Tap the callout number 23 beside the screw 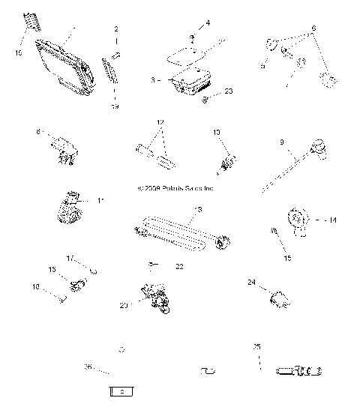[x=229, y=91]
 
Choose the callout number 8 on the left [x=37, y=132]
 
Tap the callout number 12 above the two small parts [x=160, y=121]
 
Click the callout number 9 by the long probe [x=281, y=141]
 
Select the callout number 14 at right [x=332, y=220]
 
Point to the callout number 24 [x=251, y=283]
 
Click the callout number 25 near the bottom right [x=256, y=347]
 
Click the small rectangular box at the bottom [x=121, y=391]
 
